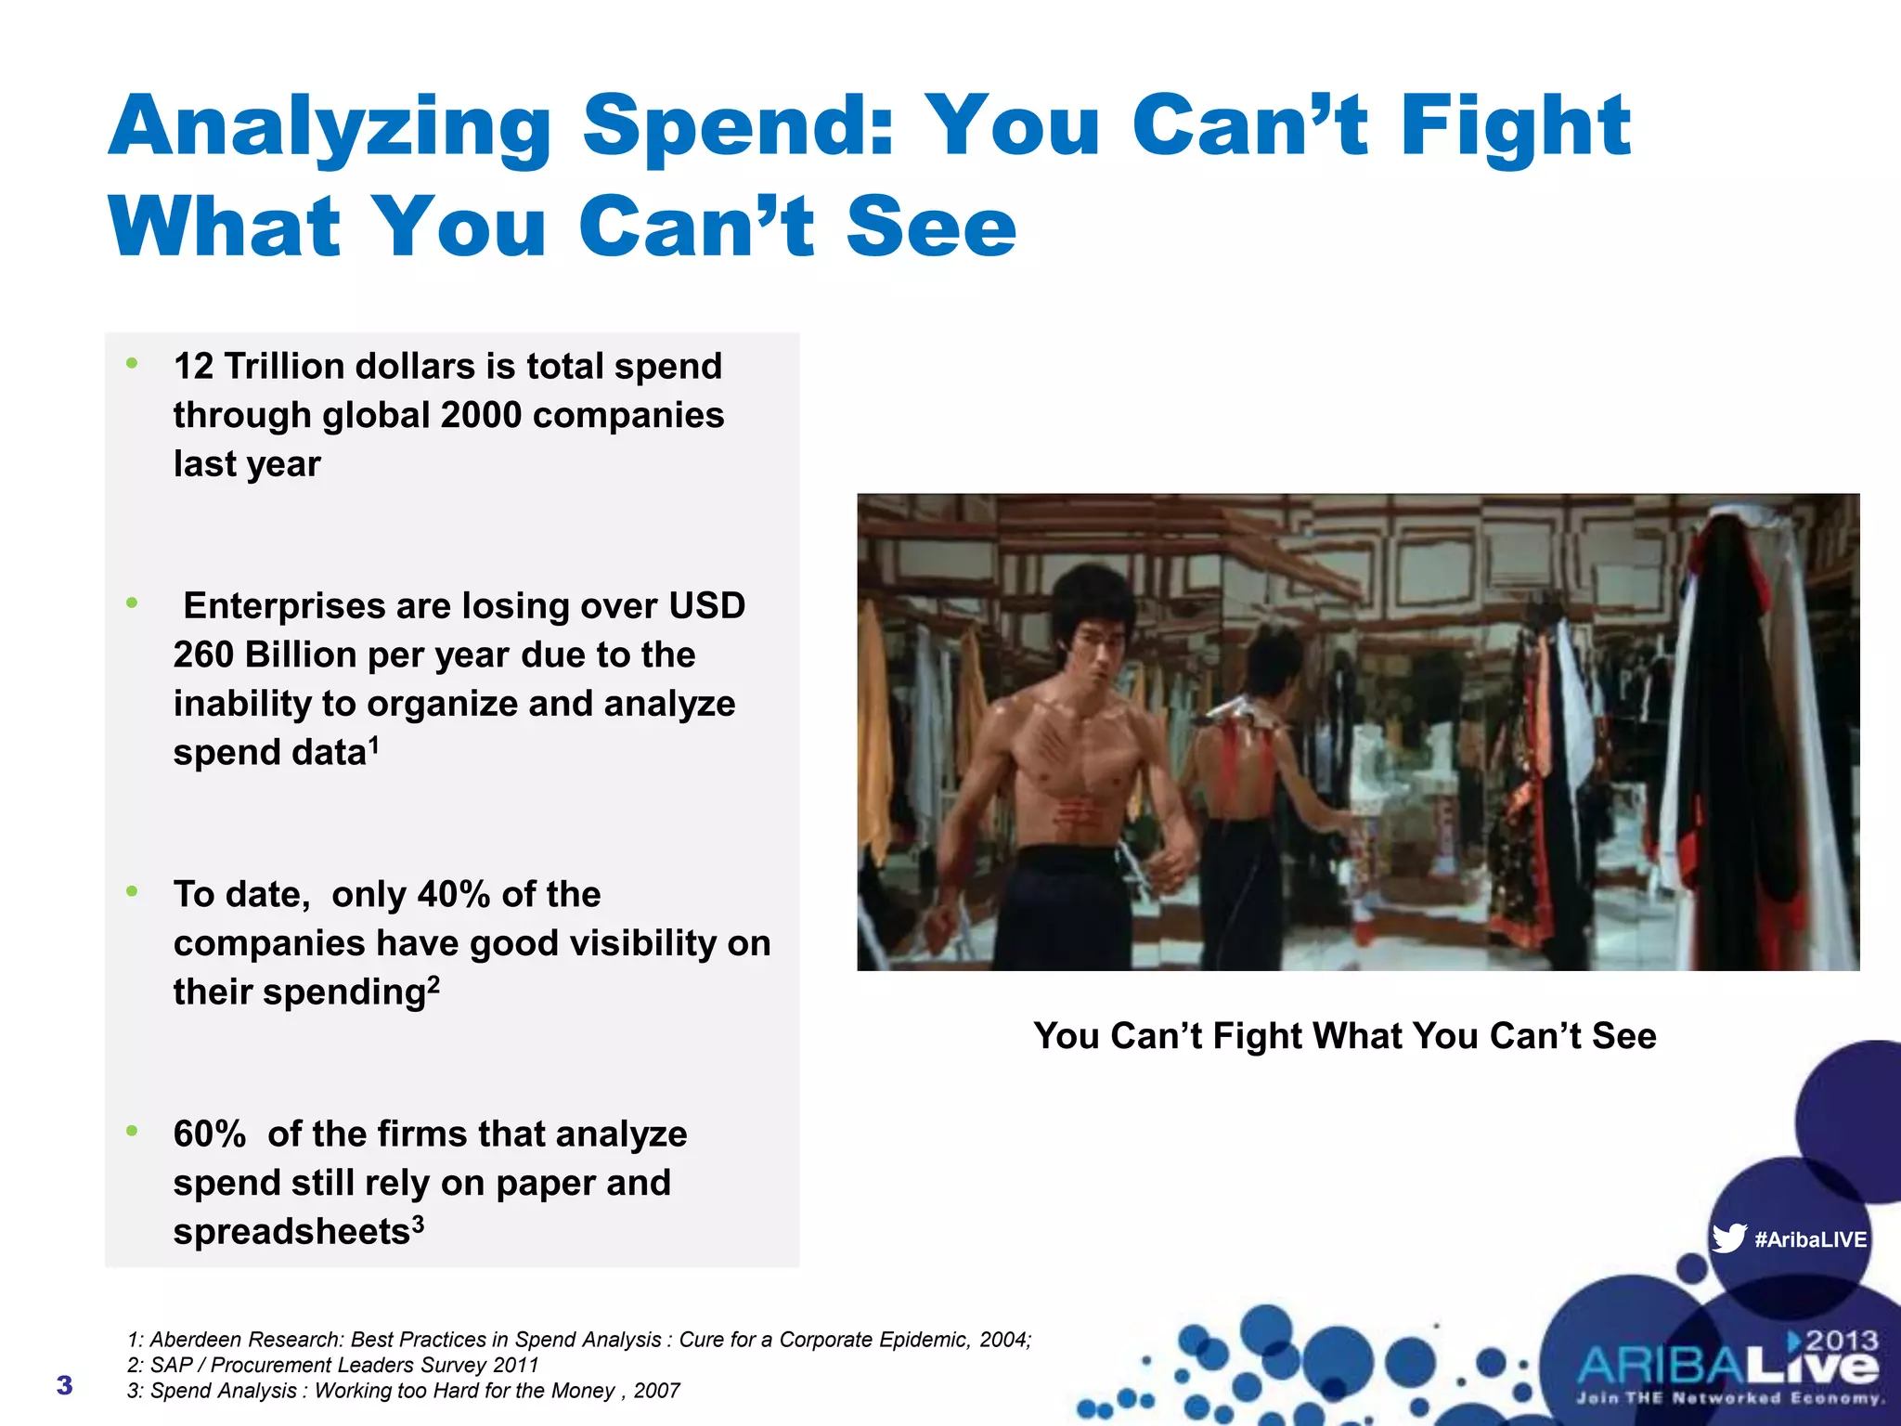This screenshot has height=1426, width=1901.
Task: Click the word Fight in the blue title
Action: click(x=1515, y=127)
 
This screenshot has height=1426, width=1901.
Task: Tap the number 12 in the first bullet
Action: click(x=193, y=367)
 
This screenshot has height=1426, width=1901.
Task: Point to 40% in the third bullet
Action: click(x=453, y=895)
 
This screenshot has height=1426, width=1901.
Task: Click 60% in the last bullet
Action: click(x=210, y=1134)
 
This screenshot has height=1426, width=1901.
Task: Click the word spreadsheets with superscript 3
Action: click(x=291, y=1232)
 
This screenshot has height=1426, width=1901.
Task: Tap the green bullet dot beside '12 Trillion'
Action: click(x=133, y=363)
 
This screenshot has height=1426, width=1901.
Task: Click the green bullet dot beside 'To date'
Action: click(x=133, y=891)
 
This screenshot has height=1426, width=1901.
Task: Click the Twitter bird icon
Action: click(x=1728, y=1238)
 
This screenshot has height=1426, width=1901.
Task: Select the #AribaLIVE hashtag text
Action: click(x=1810, y=1240)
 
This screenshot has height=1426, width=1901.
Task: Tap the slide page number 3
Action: click(x=64, y=1385)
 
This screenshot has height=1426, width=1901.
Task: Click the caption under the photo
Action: click(x=1344, y=1036)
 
